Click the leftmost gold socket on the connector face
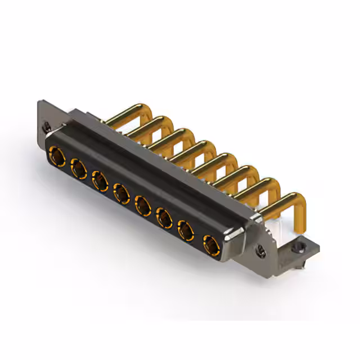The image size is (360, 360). click(x=56, y=154)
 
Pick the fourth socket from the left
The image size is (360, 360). click(x=120, y=194)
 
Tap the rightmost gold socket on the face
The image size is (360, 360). click(x=210, y=245)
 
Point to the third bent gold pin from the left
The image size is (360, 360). click(x=166, y=137)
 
